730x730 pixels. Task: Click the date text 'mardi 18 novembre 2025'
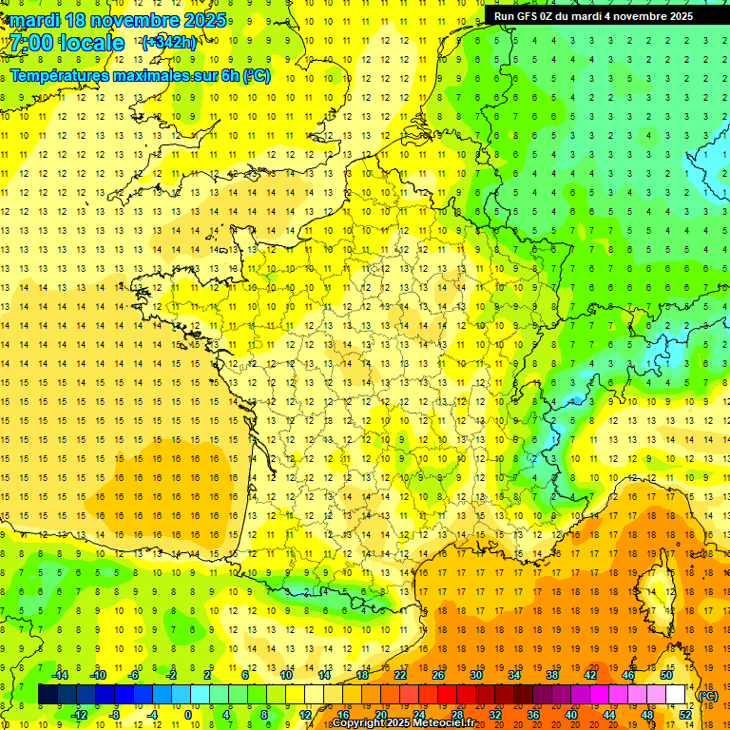tap(119, 20)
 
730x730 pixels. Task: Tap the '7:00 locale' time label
tap(67, 43)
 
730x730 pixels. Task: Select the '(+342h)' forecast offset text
tap(169, 43)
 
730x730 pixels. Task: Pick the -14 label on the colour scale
tap(63, 675)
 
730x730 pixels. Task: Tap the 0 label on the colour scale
tap(187, 715)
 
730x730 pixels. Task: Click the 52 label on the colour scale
tap(685, 715)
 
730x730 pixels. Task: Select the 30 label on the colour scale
tap(476, 675)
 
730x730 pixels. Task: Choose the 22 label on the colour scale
tap(400, 675)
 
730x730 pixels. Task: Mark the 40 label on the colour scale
tap(571, 715)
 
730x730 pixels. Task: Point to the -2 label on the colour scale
tap(172, 675)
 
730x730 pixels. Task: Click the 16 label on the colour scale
tap(343, 715)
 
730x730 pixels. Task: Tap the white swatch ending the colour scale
tap(676, 695)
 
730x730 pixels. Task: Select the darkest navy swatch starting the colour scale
tap(48, 695)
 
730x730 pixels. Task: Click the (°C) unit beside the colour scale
tap(708, 696)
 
